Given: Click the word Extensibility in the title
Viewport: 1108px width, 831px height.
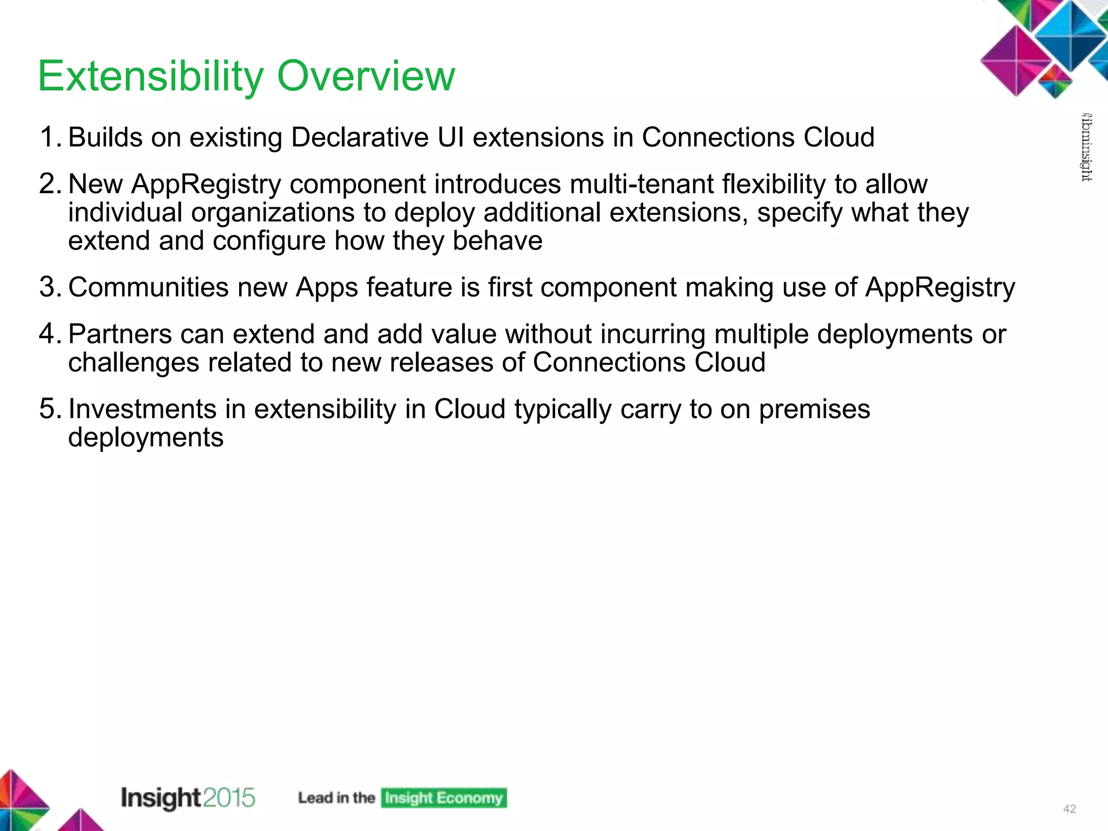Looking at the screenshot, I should (150, 77).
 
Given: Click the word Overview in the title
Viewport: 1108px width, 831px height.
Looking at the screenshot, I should (366, 77).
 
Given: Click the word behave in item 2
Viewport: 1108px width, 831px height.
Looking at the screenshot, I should (497, 241).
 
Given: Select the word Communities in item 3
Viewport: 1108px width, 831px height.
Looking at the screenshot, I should (148, 287).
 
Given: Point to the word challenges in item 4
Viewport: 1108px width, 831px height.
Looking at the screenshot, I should (134, 362).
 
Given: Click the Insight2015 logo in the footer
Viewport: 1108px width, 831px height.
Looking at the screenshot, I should (187, 798).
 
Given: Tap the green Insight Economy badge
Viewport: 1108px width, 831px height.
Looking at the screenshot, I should (444, 798).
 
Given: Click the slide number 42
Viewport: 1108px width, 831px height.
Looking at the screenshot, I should (1069, 809).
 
